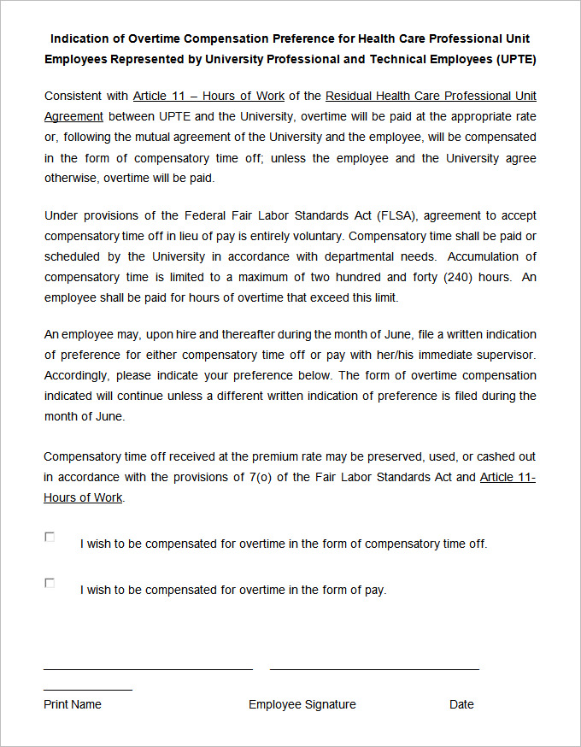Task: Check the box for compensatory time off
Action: (x=50, y=537)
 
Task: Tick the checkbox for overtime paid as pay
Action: (x=50, y=583)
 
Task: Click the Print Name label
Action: (x=73, y=704)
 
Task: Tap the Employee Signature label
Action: (x=302, y=704)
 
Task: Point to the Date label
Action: (x=461, y=704)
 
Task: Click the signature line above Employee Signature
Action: (x=374, y=669)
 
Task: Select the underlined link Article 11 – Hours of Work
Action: (x=209, y=96)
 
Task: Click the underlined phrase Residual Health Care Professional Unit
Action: (x=431, y=96)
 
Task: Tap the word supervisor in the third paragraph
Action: (x=504, y=355)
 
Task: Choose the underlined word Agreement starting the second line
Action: (x=73, y=116)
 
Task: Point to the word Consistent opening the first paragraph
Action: (x=74, y=96)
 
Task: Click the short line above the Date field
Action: (x=88, y=689)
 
